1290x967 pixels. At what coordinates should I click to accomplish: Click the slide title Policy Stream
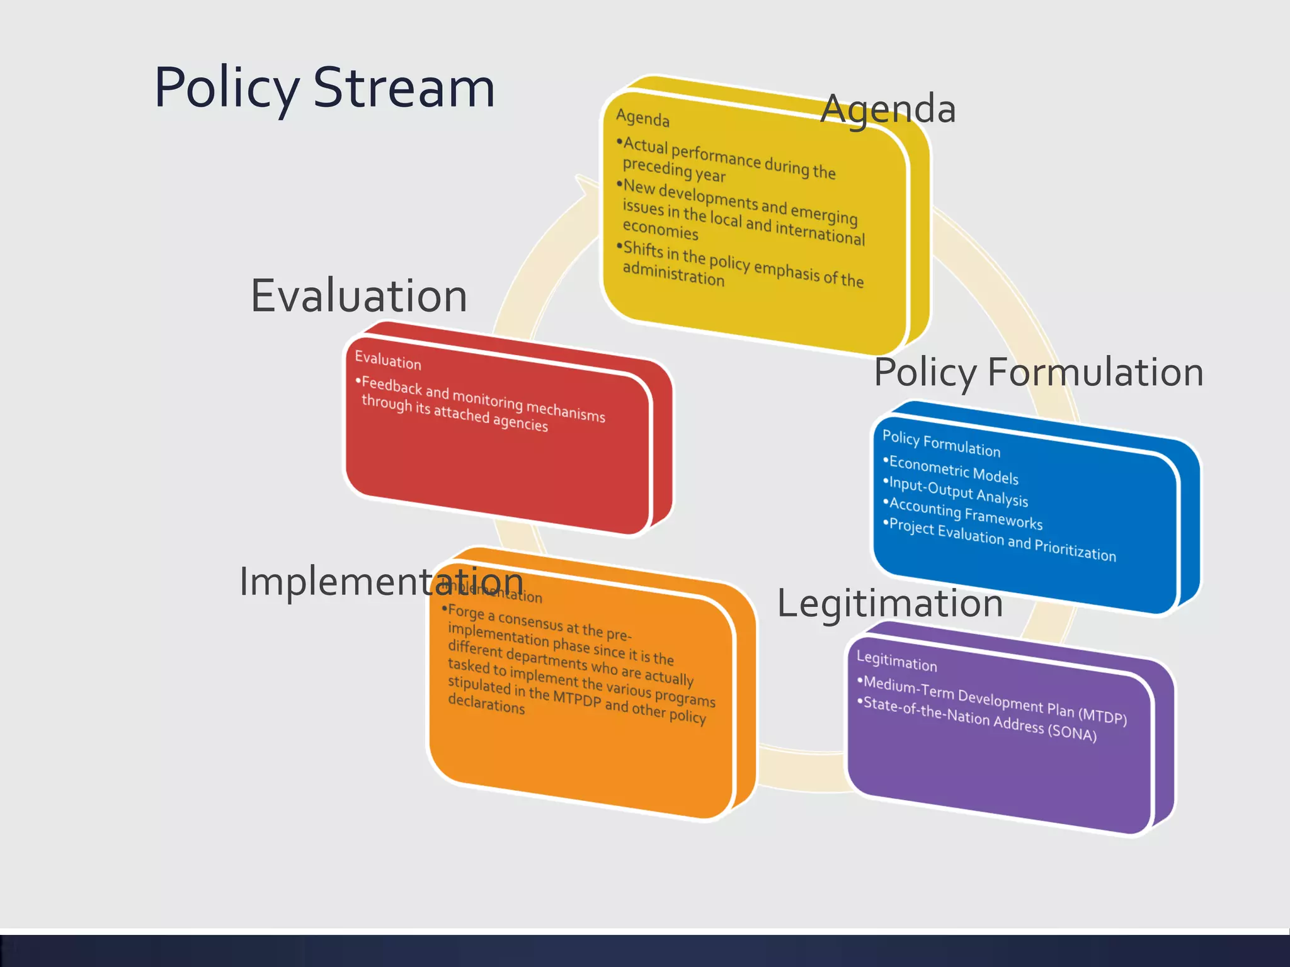[324, 88]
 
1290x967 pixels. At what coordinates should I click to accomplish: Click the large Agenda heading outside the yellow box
[888, 109]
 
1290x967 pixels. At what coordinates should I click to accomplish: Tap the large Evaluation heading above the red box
[359, 295]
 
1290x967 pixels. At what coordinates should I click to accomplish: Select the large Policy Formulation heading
[1039, 372]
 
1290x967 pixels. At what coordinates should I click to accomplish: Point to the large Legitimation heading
[889, 603]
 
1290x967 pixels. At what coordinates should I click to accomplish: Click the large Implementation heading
[381, 581]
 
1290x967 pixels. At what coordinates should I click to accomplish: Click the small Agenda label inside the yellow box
[642, 118]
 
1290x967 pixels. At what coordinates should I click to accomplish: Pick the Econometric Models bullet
[953, 470]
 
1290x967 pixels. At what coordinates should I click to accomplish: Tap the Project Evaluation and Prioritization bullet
[1002, 539]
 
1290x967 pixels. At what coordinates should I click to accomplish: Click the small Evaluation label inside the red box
[388, 361]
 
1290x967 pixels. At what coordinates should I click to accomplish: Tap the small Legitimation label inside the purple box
[896, 661]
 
